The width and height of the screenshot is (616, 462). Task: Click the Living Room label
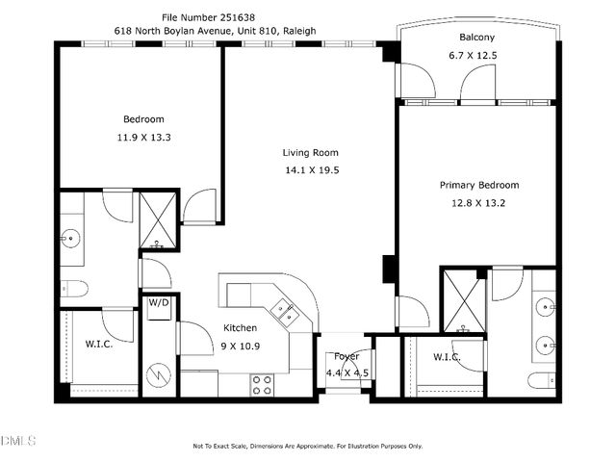[x=310, y=152]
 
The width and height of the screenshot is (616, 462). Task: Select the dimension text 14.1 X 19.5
[x=310, y=169]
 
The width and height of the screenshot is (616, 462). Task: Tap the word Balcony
[x=477, y=38]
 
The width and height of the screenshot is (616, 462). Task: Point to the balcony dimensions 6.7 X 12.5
[x=477, y=55]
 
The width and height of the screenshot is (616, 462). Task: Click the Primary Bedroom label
[x=479, y=185]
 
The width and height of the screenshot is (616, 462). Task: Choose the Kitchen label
[x=240, y=327]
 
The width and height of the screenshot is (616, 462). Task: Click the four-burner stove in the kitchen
[x=263, y=385]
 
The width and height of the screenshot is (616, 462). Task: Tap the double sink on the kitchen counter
[x=284, y=310]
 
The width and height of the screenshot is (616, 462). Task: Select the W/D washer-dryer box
[x=158, y=303]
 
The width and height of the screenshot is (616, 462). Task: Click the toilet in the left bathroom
[x=72, y=287]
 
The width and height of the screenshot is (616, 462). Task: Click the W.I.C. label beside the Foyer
[x=446, y=357]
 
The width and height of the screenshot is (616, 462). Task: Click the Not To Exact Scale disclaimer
[x=307, y=446]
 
